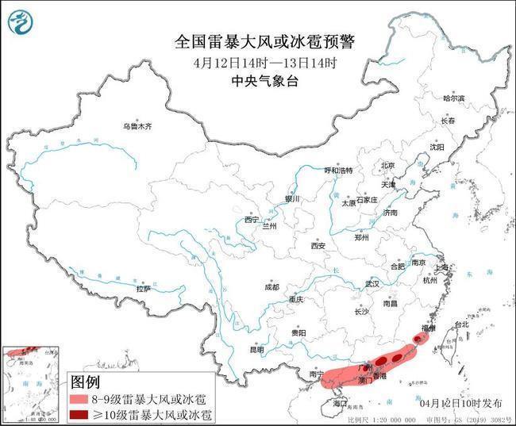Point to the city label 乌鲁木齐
click(x=137, y=126)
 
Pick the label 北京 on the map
click(x=387, y=165)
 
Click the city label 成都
click(x=271, y=287)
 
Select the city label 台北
click(x=460, y=324)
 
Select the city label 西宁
click(x=251, y=220)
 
